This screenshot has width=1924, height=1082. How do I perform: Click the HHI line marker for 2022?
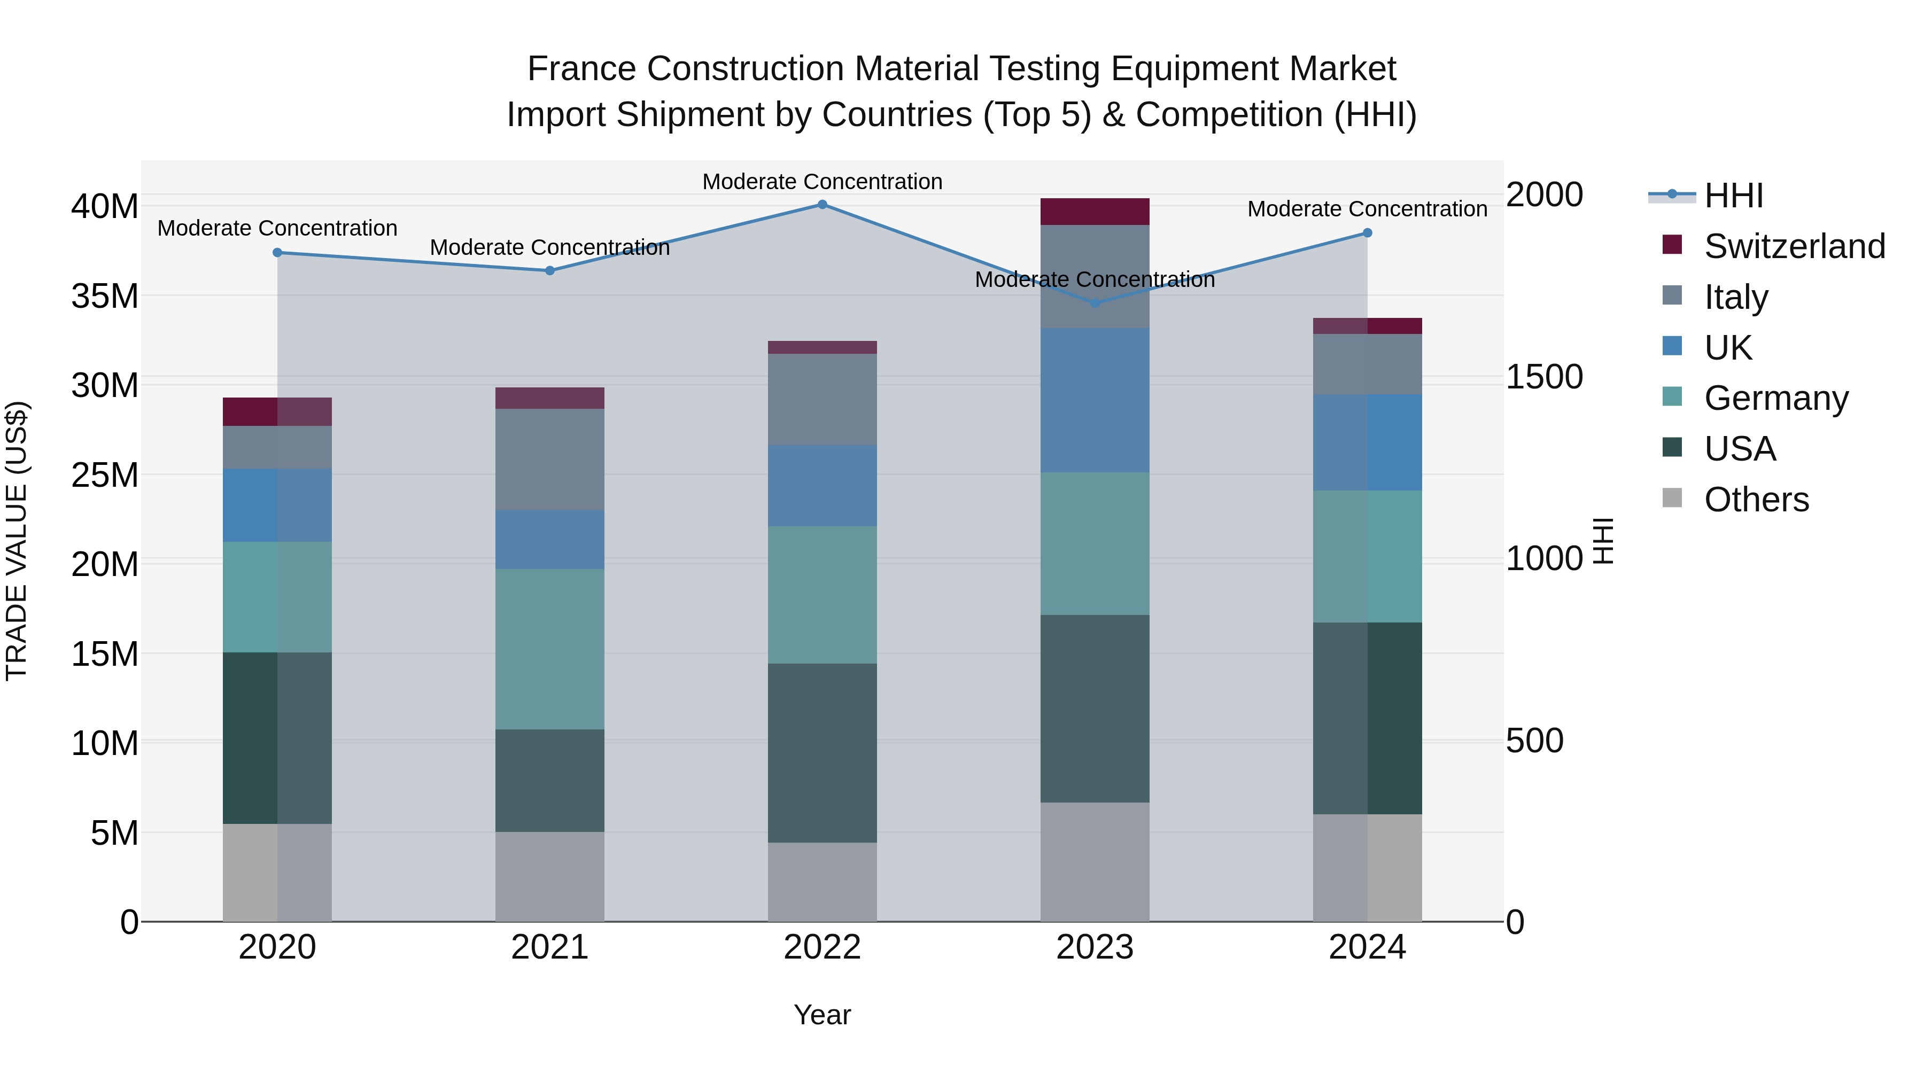coord(823,204)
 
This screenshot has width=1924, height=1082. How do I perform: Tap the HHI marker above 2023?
coord(1095,303)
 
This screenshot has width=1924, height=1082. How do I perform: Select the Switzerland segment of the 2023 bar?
coord(1095,211)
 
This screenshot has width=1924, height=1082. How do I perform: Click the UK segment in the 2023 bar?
coord(1095,400)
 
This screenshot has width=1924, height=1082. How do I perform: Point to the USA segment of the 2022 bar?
coord(823,753)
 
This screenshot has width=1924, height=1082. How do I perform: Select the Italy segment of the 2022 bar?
coord(823,400)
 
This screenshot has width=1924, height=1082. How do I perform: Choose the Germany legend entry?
coord(1775,398)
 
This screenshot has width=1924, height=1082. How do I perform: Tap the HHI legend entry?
coord(1733,196)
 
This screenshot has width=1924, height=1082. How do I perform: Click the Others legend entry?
coord(1755,500)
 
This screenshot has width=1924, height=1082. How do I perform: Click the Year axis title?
coord(823,1015)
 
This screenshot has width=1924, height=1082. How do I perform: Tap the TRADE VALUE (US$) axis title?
coord(17,541)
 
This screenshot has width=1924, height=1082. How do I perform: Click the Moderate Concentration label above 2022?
coord(823,182)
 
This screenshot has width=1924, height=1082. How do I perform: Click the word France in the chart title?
coord(582,69)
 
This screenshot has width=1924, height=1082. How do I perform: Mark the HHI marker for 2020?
coord(277,252)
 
